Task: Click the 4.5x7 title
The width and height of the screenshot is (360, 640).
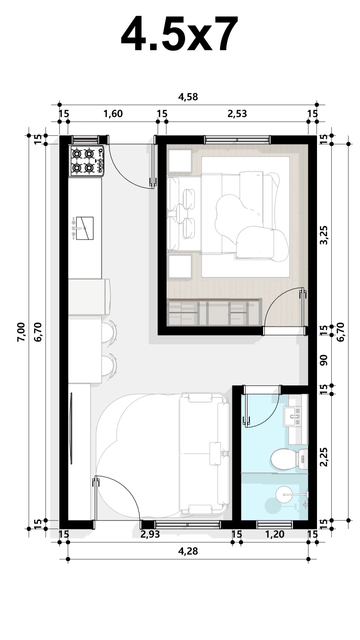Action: [x=180, y=34]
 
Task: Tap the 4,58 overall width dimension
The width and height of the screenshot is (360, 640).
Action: [x=188, y=97]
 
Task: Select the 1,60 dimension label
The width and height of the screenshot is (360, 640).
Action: [x=113, y=114]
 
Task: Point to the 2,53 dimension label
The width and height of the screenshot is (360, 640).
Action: [x=237, y=114]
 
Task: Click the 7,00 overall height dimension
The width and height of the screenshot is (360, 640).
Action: [x=21, y=332]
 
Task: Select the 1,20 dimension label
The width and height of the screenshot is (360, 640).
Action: [x=275, y=534]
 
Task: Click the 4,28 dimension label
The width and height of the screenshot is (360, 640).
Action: [x=188, y=551]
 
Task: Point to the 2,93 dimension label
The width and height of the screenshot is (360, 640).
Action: [x=150, y=534]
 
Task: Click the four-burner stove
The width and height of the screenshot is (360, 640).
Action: [x=87, y=160]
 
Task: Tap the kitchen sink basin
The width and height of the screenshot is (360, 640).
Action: [x=85, y=228]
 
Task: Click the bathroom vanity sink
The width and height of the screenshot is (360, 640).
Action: [x=292, y=416]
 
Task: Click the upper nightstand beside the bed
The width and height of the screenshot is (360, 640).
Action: [x=180, y=161]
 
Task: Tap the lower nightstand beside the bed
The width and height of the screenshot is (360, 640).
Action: [x=180, y=267]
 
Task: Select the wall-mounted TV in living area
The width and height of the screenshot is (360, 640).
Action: [x=71, y=428]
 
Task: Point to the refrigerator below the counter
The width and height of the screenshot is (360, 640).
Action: [x=89, y=297]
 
